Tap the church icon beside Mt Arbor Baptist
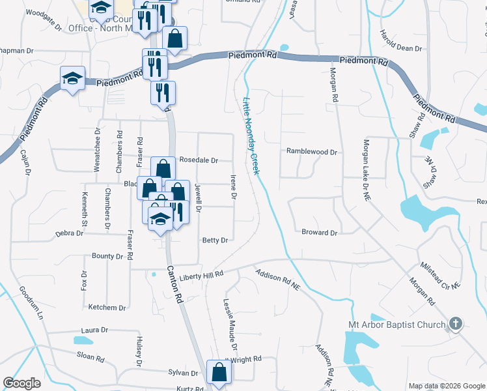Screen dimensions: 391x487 point(456,323)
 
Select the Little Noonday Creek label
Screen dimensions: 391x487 point(251,136)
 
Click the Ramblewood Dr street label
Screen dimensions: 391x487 point(312,152)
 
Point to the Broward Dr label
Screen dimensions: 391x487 point(319,233)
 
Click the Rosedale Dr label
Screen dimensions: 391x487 point(199,160)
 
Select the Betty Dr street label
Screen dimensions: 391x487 point(215,240)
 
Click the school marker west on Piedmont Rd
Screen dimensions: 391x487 point(72,79)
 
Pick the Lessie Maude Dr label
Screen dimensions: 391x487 point(229,319)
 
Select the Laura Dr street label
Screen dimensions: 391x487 point(94,330)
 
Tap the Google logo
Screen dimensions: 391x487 point(22,383)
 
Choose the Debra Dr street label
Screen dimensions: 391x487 point(69,233)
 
